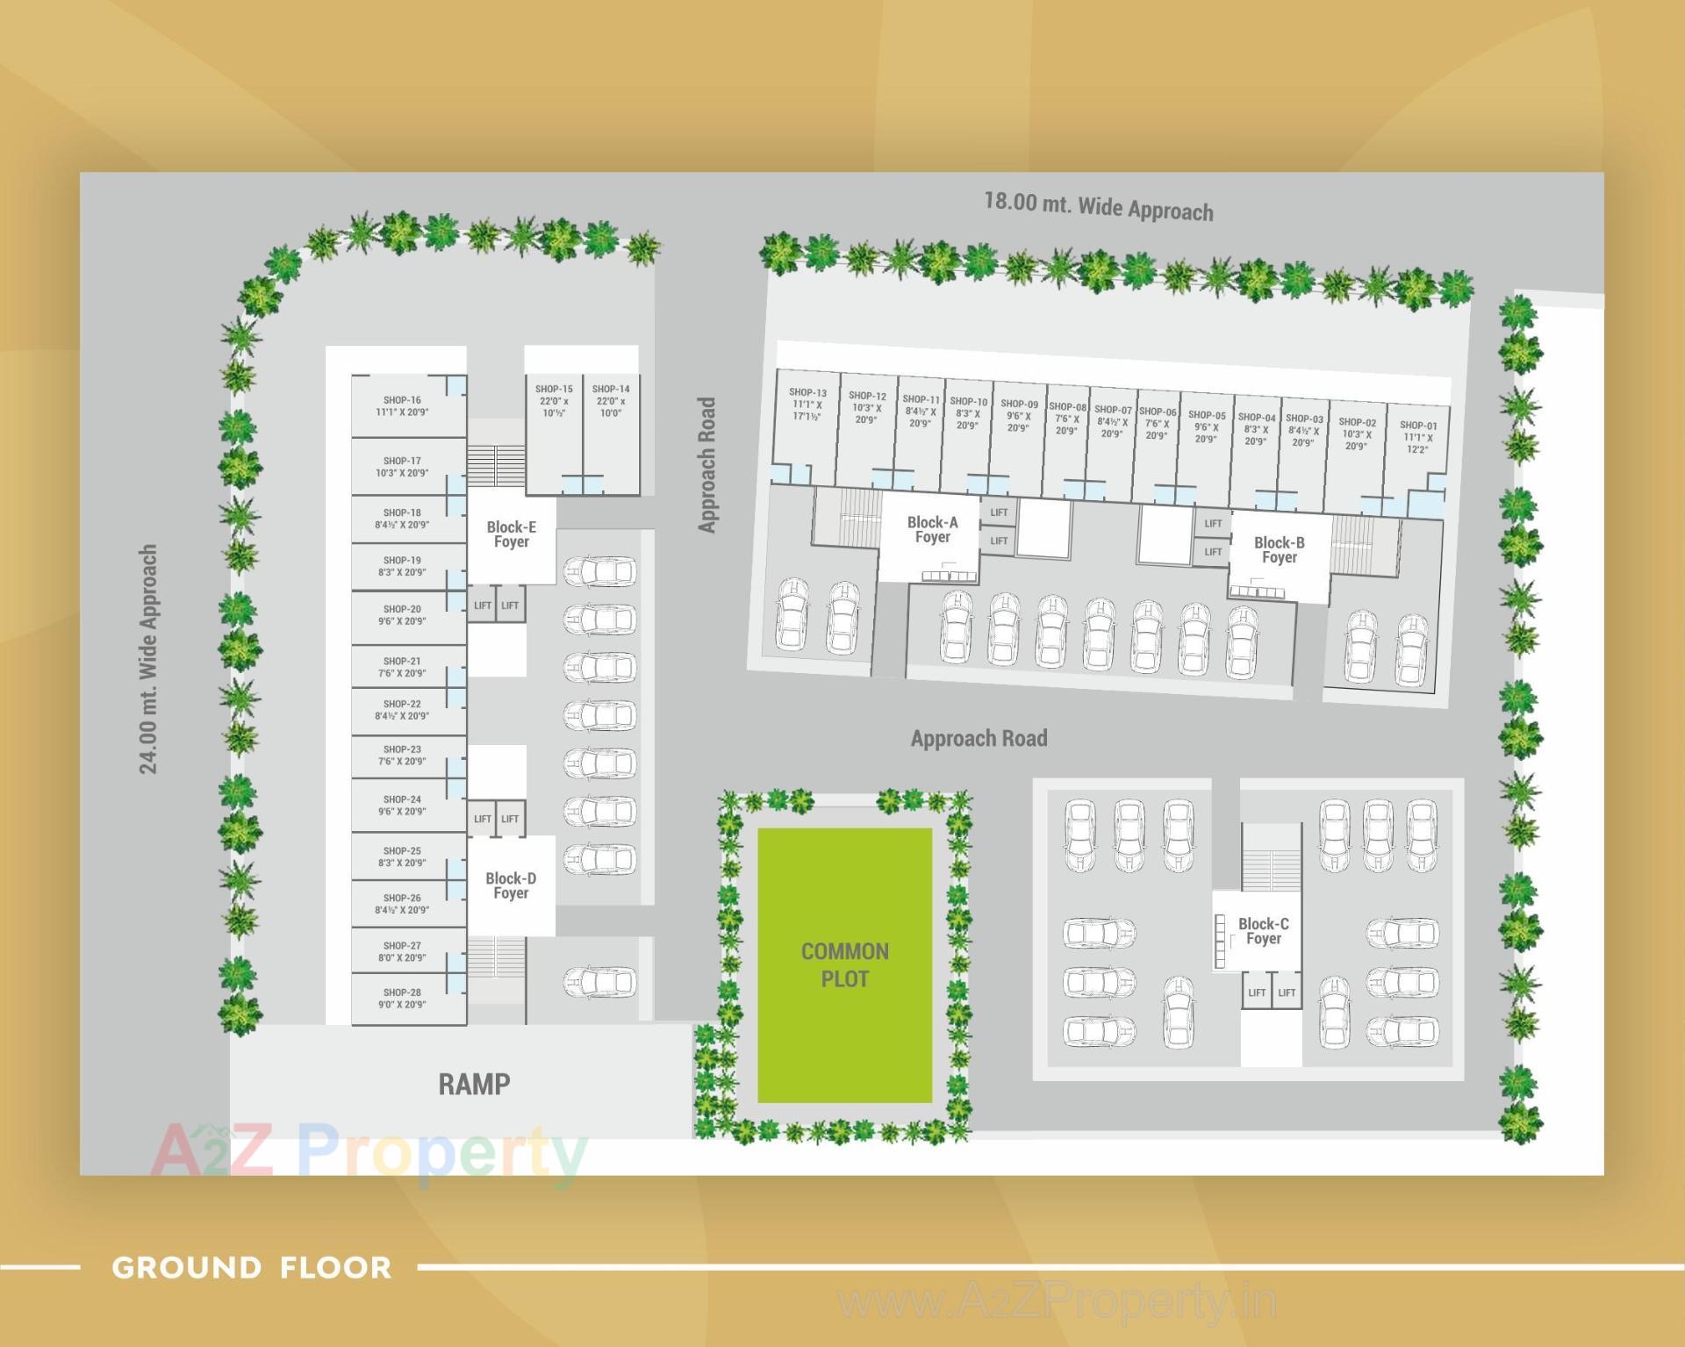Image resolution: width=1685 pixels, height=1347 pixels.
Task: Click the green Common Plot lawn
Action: coord(844,965)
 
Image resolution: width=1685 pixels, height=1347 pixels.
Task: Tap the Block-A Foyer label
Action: coord(932,529)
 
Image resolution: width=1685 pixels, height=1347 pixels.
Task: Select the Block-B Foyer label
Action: coord(1279,549)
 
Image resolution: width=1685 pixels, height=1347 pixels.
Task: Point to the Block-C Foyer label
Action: coord(1263,931)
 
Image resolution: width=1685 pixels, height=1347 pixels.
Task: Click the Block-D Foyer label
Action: coord(511,885)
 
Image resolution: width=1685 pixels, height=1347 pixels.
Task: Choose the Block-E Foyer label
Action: coord(511,534)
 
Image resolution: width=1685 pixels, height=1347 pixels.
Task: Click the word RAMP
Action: coord(474,1084)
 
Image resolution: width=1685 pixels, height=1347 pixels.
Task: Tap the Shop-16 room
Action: coord(402,406)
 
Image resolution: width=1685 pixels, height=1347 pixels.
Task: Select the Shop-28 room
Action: coord(402,999)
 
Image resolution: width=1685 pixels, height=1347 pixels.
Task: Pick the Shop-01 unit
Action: coord(1417,437)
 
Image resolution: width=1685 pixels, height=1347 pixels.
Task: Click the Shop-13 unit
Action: coord(807,405)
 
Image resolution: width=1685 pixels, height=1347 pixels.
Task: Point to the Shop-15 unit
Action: coord(554,401)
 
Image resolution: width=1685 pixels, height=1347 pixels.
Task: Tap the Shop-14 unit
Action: coord(610,401)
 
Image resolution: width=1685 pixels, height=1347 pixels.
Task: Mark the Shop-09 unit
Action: coord(1019,416)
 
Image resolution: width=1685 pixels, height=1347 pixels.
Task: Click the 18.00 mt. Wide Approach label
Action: coord(1099,207)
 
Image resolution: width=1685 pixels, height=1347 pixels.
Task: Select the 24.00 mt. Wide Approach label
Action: coord(148,659)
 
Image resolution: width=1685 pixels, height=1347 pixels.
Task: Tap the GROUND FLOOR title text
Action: coord(251,1267)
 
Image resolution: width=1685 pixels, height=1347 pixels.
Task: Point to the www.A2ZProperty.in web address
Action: coord(1058,1301)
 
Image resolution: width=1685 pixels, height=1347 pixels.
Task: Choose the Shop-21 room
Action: coord(402,667)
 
